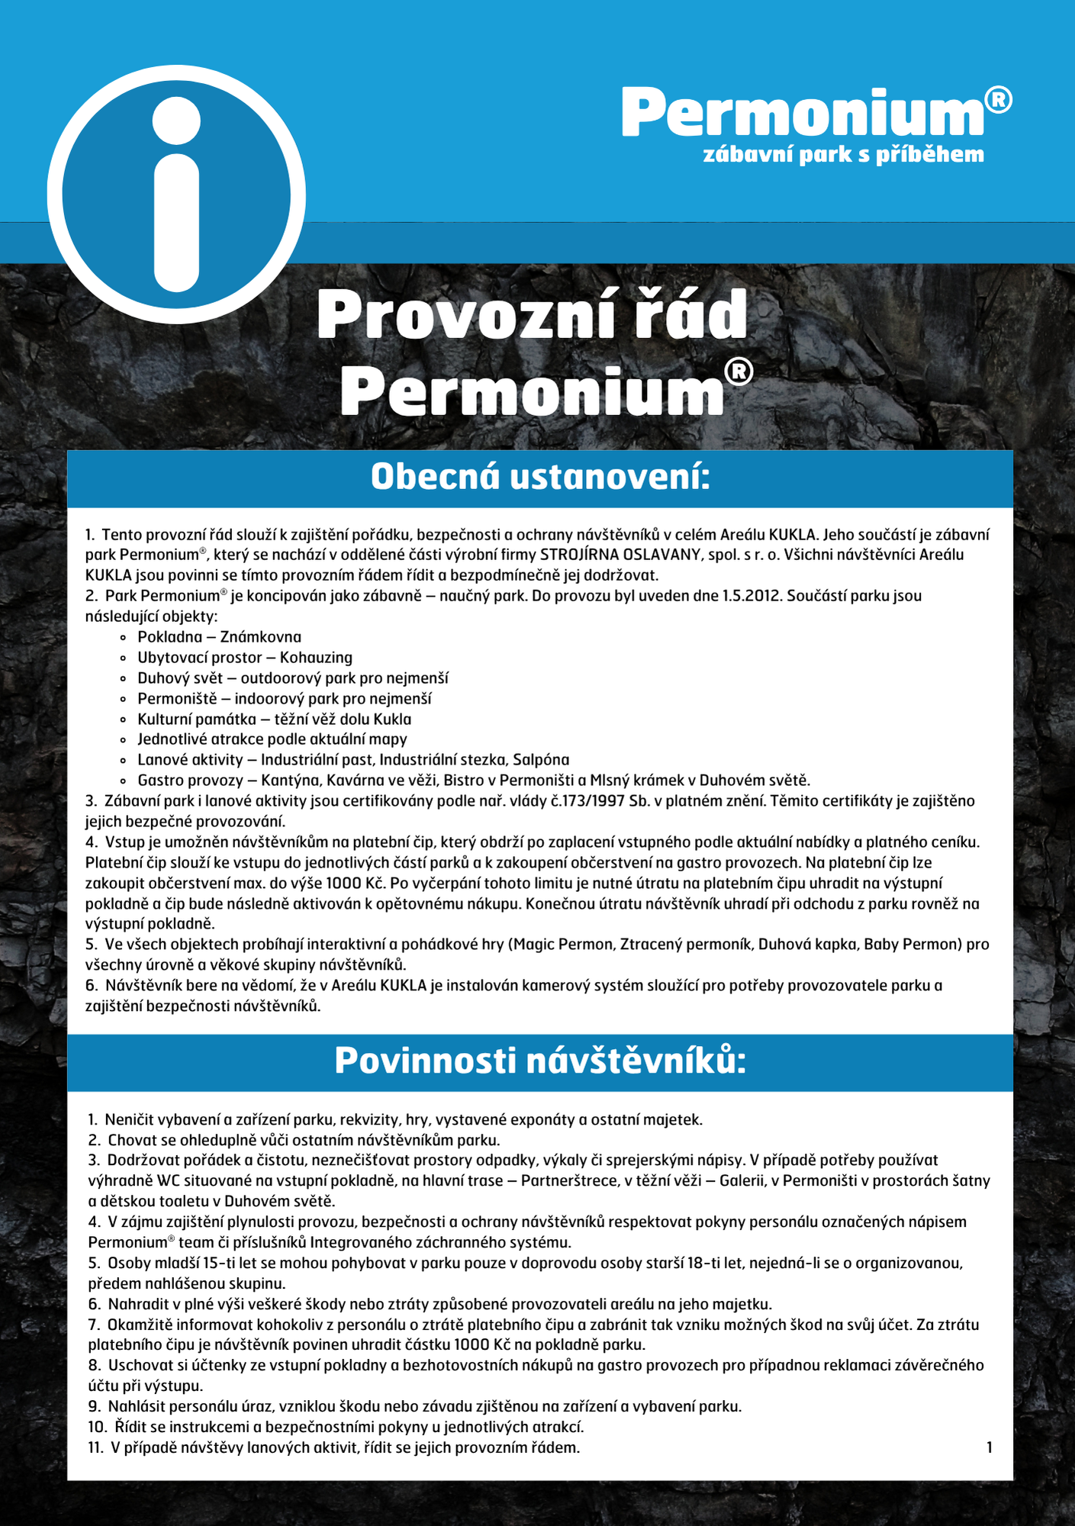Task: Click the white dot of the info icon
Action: pyautogui.click(x=176, y=121)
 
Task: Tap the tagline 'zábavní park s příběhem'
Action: pyautogui.click(x=843, y=155)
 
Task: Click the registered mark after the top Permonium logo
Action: pyautogui.click(x=998, y=100)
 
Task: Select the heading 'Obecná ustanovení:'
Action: pyautogui.click(x=540, y=478)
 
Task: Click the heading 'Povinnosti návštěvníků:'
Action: pyautogui.click(x=540, y=1061)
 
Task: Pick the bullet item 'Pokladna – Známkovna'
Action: pyautogui.click(x=219, y=637)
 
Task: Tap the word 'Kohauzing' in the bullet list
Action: pyautogui.click(x=316, y=658)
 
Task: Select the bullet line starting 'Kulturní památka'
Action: pyautogui.click(x=274, y=720)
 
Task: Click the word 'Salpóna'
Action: pyautogui.click(x=541, y=760)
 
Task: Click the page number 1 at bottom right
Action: pyautogui.click(x=990, y=1447)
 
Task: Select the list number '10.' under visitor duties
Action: pyautogui.click(x=98, y=1427)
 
